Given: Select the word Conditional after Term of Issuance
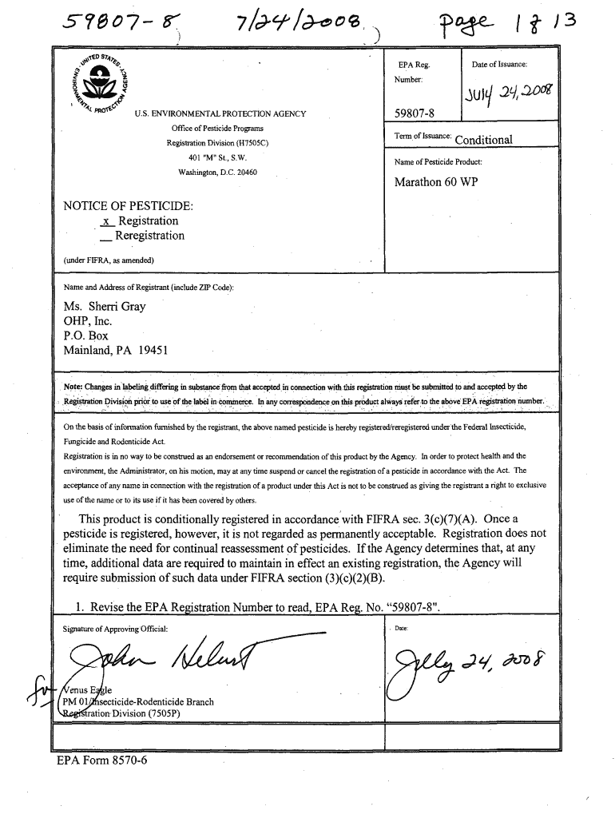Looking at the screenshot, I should tap(483, 140).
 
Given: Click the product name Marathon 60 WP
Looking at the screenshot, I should tap(435, 181).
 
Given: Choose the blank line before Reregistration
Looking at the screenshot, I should tap(105, 237).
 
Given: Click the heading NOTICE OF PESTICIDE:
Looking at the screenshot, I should tap(128, 205).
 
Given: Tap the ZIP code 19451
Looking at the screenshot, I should tap(150, 350).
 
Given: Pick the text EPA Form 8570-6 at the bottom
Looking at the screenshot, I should tap(102, 759).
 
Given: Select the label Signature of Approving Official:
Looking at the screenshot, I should tap(116, 629).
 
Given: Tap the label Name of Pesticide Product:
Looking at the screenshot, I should tap(438, 162).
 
